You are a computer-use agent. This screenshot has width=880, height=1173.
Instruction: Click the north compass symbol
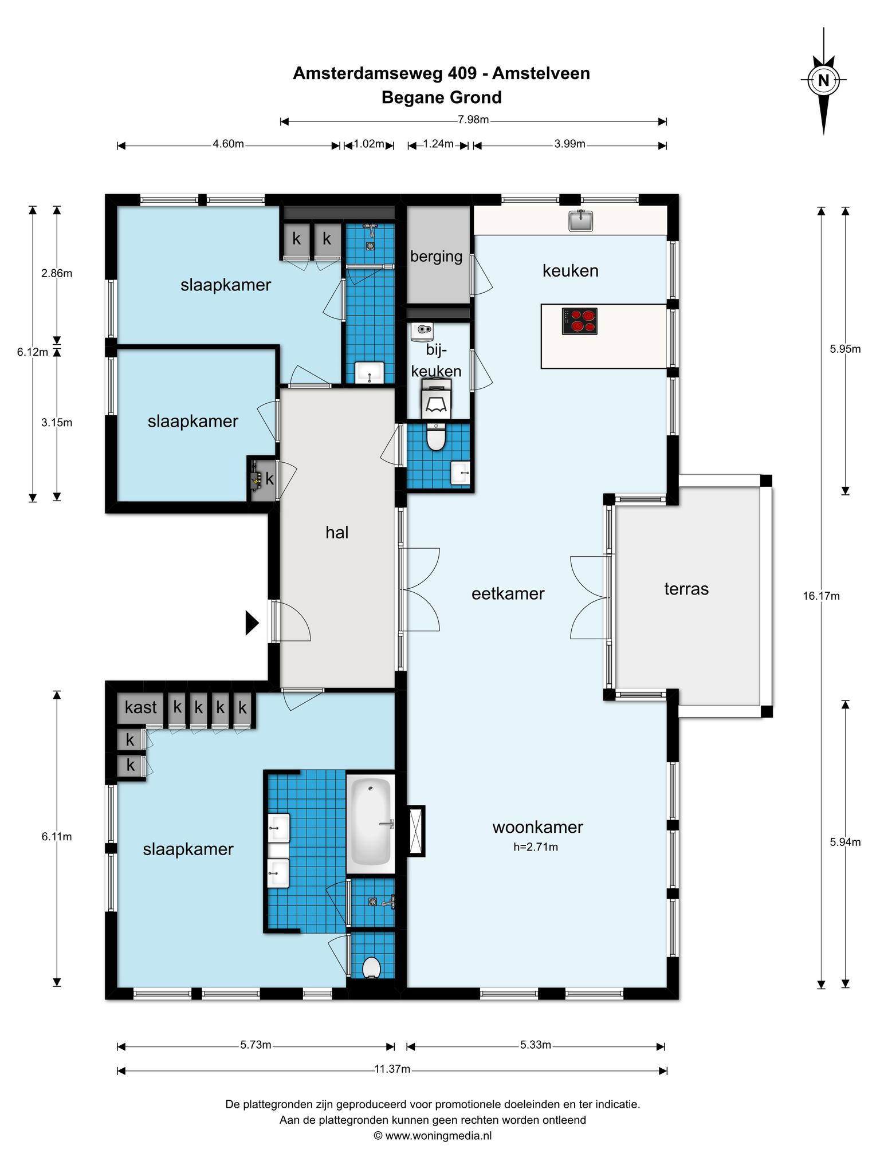[823, 80]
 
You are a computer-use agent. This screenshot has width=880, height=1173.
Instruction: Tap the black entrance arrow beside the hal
[252, 623]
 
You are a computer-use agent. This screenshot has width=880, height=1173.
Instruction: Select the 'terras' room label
[686, 589]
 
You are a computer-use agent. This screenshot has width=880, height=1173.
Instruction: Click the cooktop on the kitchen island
[579, 321]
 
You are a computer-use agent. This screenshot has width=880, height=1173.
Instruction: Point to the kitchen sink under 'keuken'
[580, 221]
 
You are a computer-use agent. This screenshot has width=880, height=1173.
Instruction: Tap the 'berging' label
[436, 257]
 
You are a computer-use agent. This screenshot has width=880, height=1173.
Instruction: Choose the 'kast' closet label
[140, 707]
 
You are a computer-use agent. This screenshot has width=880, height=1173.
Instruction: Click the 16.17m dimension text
[821, 596]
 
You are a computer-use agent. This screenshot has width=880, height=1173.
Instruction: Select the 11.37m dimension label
[392, 1069]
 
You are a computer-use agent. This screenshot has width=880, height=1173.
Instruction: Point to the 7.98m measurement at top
[473, 120]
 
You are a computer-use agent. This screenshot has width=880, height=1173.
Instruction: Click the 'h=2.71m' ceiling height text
[536, 847]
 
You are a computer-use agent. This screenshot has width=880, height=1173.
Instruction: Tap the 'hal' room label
[337, 533]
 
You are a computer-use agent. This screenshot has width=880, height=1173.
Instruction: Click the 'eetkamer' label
[508, 594]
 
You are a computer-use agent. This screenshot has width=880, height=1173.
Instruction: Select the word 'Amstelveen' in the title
[541, 73]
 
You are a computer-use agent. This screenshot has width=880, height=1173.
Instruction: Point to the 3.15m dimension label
[57, 423]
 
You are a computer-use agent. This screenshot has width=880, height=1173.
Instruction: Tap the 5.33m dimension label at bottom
[536, 1045]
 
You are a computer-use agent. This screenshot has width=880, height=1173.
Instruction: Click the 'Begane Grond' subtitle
[442, 98]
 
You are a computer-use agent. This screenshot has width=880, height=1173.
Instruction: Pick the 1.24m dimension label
[438, 144]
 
